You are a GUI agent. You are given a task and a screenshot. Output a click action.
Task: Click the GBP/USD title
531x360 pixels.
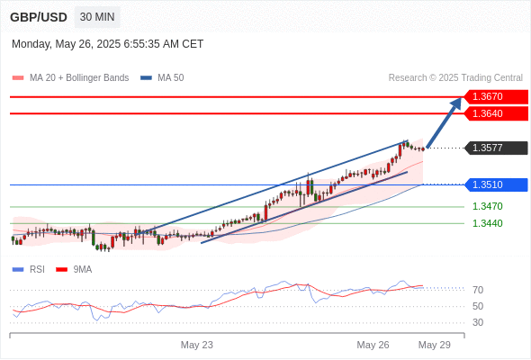(x=39, y=17)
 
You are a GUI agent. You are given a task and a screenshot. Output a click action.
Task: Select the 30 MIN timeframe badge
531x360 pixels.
(x=97, y=17)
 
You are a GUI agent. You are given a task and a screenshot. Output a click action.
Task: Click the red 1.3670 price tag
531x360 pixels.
(x=496, y=97)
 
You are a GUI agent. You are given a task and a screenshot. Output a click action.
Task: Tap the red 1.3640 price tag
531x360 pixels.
(x=496, y=113)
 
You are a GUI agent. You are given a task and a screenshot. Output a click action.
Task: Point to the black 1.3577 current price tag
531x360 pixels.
(x=496, y=148)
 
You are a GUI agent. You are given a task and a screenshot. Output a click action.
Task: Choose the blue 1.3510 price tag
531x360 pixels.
(x=496, y=184)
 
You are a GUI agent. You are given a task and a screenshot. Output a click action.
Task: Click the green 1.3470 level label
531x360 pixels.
(x=487, y=206)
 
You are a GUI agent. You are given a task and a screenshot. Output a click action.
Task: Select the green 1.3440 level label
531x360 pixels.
(x=487, y=223)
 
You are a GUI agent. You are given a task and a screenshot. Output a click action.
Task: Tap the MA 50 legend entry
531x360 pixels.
(x=162, y=78)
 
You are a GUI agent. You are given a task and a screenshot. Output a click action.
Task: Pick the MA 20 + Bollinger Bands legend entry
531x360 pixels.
(x=70, y=78)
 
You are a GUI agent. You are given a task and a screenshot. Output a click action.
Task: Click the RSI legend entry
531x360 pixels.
(x=29, y=270)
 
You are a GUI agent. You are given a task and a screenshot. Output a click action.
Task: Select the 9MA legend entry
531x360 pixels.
(x=74, y=270)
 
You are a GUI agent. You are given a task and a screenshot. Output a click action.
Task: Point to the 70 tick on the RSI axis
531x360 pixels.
(x=478, y=290)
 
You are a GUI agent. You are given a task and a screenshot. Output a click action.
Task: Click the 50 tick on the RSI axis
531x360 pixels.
(x=478, y=306)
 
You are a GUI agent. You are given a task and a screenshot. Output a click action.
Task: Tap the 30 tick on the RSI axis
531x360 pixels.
(x=478, y=322)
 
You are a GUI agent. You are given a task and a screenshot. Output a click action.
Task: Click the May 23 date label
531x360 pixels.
(x=197, y=345)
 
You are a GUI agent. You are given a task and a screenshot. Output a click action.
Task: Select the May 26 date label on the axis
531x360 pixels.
(x=373, y=345)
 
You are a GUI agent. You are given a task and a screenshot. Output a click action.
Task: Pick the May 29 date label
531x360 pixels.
(x=435, y=345)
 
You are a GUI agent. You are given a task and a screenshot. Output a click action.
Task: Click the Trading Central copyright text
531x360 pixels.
(x=455, y=78)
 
